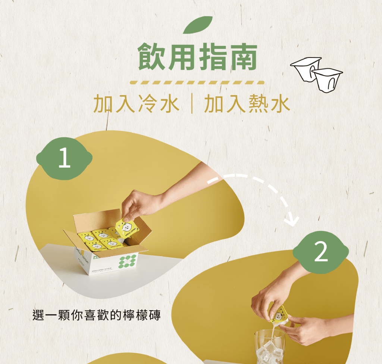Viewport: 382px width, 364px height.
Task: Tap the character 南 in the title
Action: [243, 57]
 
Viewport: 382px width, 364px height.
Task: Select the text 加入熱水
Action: [247, 104]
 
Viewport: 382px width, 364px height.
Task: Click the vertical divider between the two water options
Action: [192, 104]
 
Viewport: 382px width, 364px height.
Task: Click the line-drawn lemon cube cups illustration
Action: [316, 74]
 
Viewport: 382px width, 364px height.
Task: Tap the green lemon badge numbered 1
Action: [64, 158]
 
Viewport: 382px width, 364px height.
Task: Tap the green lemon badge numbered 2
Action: [320, 252]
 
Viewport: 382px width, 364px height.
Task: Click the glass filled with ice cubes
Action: [270, 346]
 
